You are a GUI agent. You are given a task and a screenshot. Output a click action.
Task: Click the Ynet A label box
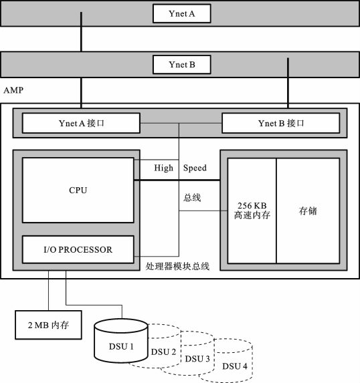(182, 13)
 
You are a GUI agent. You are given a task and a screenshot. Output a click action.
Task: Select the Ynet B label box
(182, 64)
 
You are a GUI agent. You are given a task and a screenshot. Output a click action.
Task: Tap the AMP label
(13, 90)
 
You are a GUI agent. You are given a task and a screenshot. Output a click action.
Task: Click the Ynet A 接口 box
(81, 123)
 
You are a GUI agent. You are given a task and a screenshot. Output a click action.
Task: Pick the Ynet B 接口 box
(281, 123)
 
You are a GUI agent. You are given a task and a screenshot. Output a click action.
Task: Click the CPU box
(78, 190)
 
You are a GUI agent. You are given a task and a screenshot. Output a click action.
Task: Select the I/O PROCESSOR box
(78, 249)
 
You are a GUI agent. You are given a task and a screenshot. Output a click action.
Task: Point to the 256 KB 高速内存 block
(252, 211)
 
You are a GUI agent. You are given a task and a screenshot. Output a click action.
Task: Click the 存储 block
(308, 211)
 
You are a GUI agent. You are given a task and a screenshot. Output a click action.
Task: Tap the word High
(164, 168)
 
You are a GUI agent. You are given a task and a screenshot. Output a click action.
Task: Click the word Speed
(195, 168)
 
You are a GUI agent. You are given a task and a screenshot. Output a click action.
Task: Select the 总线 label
(192, 198)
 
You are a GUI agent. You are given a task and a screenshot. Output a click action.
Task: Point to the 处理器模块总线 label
(177, 266)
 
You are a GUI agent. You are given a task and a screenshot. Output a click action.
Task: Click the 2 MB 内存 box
(48, 325)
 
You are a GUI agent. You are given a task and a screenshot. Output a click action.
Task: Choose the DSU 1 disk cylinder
(121, 340)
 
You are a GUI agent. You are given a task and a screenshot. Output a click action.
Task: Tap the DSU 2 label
(163, 352)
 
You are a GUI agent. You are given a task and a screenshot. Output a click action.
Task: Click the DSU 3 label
(197, 359)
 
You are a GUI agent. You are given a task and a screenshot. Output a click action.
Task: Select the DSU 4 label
(235, 366)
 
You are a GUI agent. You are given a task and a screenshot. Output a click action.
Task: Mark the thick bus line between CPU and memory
(177, 180)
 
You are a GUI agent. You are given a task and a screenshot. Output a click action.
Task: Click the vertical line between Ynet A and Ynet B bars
(81, 32)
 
